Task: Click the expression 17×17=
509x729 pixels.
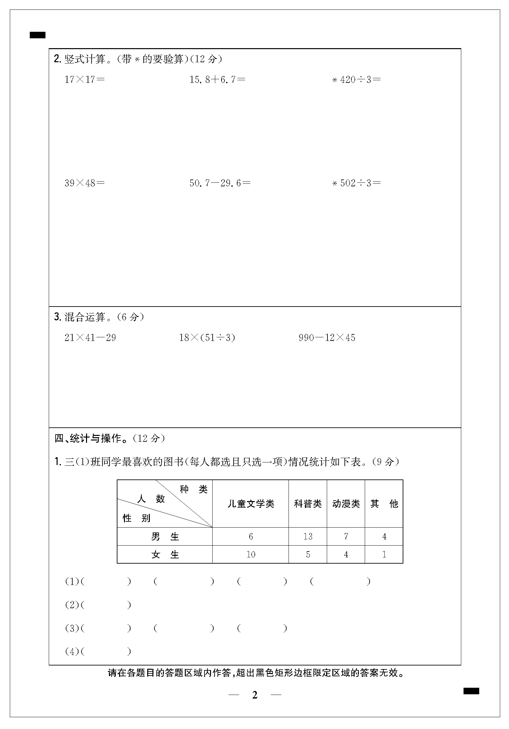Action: tap(84, 80)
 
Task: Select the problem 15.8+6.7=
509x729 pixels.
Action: tap(217, 80)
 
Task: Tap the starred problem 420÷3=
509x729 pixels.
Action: tap(357, 80)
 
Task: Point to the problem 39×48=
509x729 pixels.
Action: tap(84, 183)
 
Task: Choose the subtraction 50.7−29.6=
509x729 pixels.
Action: tap(220, 183)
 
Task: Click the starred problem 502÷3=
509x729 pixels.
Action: tap(357, 183)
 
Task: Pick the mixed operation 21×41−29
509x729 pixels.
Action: tap(90, 338)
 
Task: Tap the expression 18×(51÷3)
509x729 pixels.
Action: tap(207, 338)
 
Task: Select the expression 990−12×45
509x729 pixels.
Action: tap(327, 338)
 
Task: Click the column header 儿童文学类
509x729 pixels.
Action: tap(251, 504)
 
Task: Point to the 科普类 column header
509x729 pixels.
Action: tap(307, 504)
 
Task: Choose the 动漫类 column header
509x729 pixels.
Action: tap(346, 504)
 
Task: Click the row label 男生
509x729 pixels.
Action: tap(165, 536)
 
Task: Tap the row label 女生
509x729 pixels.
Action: tap(165, 554)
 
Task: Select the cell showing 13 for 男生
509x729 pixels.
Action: tap(307, 536)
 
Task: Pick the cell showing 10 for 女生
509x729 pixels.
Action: tap(251, 554)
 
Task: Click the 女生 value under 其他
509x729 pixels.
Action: tap(384, 554)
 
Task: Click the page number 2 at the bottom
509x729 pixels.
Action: tap(255, 695)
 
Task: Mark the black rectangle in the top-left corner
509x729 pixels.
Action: tap(38, 35)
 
